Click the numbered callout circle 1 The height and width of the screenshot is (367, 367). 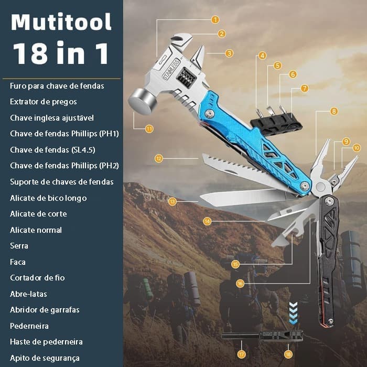pos(215,19)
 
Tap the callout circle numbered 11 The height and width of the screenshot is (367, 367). pos(149,129)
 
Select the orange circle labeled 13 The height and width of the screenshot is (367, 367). pos(172,201)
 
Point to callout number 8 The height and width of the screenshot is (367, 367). pos(334,111)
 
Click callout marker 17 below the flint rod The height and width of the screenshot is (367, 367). pos(241,354)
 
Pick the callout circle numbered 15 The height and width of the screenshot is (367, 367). pos(235,264)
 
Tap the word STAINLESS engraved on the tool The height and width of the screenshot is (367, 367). pos(171,70)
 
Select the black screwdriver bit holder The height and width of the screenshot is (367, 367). pos(276,123)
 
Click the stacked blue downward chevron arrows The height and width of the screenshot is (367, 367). pos(293,313)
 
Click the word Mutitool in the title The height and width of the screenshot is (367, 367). pos(61,22)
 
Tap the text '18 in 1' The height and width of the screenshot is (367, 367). pos(61,53)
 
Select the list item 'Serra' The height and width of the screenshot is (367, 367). pos(19,246)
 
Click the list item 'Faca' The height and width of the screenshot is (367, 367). pos(17,262)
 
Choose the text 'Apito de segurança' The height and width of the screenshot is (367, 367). pos(45,358)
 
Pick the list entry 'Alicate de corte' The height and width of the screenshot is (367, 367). pos(38,214)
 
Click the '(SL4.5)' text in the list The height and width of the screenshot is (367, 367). pos(83,150)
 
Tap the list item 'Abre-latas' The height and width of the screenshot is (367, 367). pos(28,294)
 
